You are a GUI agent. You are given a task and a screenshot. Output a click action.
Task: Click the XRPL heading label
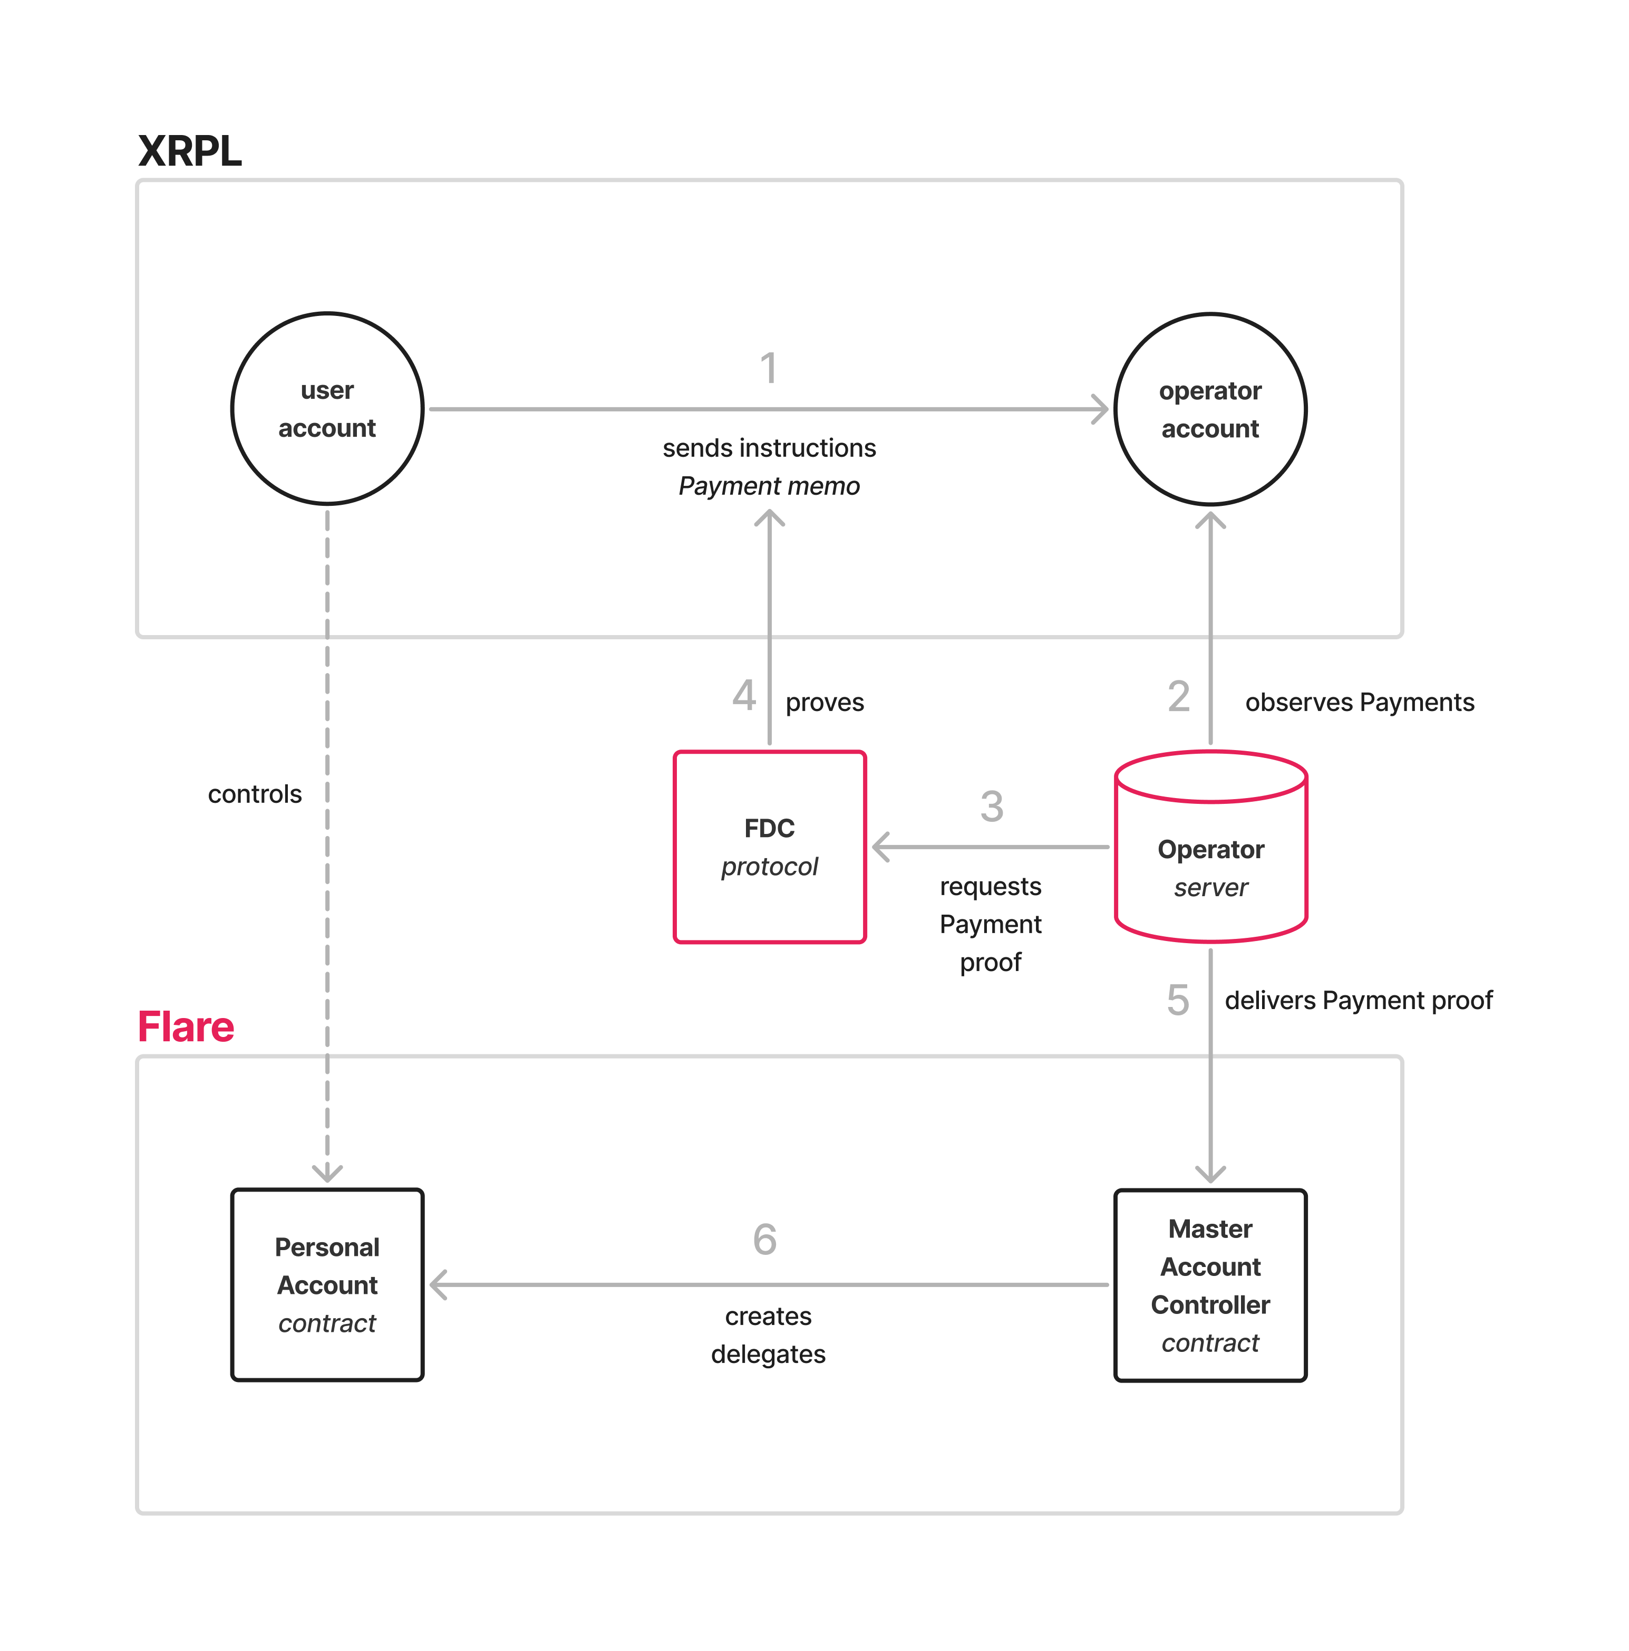coord(190,152)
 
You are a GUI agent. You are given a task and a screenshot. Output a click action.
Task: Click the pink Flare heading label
coord(186,1026)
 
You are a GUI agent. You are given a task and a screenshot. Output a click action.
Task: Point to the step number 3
coord(991,806)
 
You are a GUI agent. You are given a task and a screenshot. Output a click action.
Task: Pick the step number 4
coord(744,696)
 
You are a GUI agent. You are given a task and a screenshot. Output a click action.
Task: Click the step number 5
coord(1177,1000)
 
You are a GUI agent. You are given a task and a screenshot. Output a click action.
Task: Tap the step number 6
coord(764,1239)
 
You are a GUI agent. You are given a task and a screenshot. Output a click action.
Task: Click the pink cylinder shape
coord(1210,846)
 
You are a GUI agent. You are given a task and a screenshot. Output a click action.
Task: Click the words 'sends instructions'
coord(769,448)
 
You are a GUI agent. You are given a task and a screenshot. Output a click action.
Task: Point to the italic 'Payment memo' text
coord(769,486)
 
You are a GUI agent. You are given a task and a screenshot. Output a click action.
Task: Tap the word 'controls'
coord(255,794)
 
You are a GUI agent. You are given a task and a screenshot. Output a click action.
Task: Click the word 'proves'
coord(825,703)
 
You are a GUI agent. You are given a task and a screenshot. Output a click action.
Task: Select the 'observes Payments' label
coord(1359,703)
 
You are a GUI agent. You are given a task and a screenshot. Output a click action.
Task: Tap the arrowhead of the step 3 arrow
coord(880,847)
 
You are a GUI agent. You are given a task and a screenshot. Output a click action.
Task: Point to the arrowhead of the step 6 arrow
coord(438,1284)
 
